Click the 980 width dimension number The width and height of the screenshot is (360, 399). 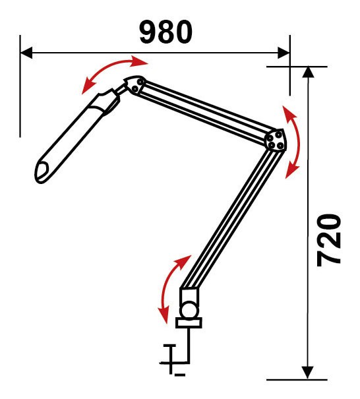(165, 32)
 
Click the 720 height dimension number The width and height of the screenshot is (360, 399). (329, 241)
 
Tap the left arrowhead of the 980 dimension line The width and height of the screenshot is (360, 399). (26, 53)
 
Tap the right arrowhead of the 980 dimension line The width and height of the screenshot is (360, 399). (284, 53)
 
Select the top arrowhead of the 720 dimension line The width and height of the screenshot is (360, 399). (309, 73)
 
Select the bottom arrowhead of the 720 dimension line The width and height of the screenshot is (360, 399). (308, 373)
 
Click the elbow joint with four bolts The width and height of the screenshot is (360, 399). (276, 140)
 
